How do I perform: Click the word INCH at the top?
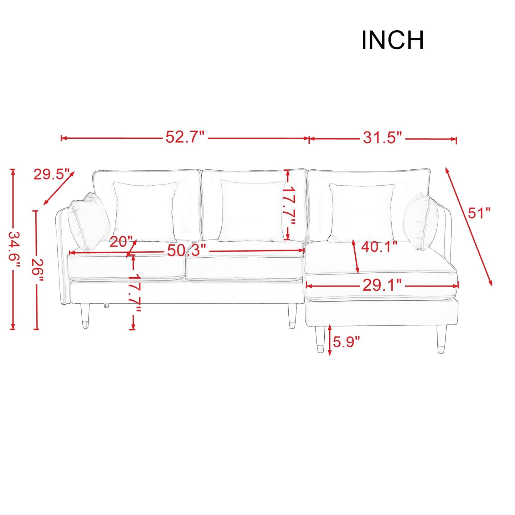coord(392,40)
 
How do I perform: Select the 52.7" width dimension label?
coord(185,137)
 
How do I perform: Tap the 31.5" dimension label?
coord(382,138)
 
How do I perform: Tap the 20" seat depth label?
coord(121,242)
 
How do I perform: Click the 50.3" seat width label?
coord(186,251)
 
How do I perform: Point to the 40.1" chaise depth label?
coord(379,247)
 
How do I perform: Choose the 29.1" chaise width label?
coord(382,285)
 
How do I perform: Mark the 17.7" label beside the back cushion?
coord(289,206)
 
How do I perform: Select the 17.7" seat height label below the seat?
coord(134,293)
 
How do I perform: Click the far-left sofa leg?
coord(85,316)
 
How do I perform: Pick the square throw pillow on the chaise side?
coord(361,213)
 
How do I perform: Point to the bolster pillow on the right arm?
coord(421,221)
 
